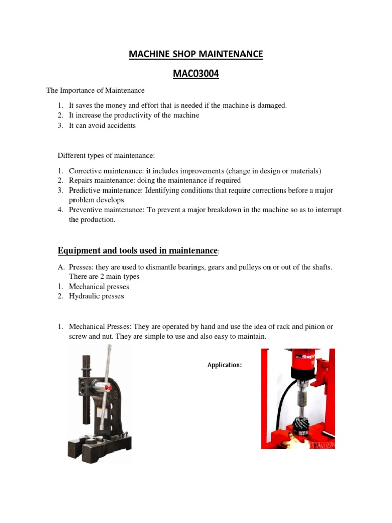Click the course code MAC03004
coord(196,74)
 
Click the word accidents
coord(119,125)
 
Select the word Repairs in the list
coord(82,180)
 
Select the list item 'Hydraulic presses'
coord(96,296)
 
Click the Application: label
coord(225,365)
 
